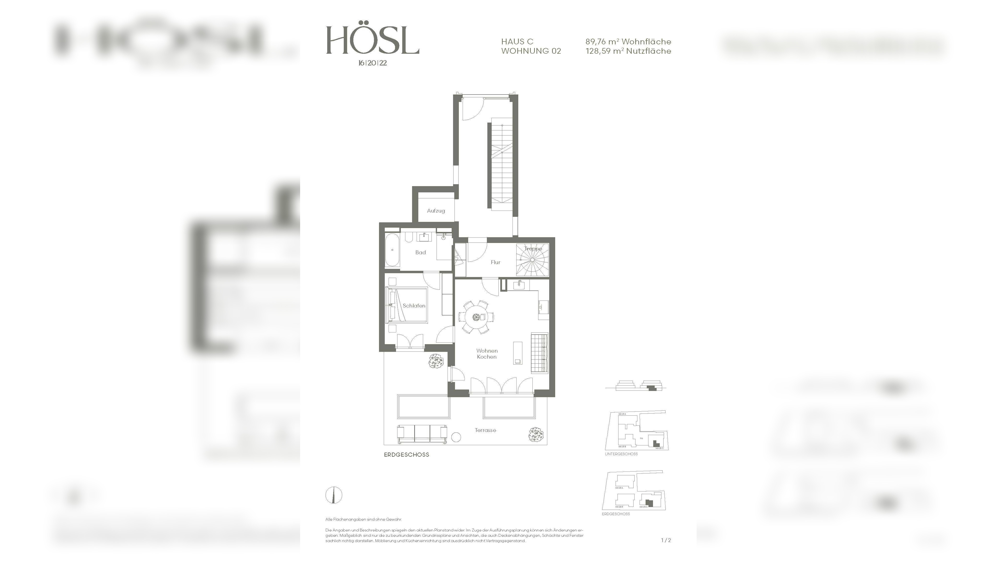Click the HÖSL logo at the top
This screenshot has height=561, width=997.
pos(372,40)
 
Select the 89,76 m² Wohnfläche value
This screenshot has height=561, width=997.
pos(628,41)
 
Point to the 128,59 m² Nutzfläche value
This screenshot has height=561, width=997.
pos(628,51)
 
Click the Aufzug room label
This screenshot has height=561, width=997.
pos(436,211)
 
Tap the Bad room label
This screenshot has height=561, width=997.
pos(420,252)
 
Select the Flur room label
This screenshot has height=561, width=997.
pos(496,262)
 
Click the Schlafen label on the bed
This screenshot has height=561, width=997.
pos(414,306)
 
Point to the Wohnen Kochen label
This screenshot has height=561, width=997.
pos(486,354)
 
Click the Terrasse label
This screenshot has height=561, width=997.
pos(485,430)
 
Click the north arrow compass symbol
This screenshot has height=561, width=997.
pos(334,495)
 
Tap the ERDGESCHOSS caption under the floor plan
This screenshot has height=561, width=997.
pos(406,455)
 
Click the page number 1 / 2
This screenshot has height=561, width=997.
pos(666,540)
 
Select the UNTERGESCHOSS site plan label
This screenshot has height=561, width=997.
pos(621,454)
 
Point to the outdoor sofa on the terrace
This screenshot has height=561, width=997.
pos(422,434)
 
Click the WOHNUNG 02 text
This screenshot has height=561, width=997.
pos(531,51)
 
